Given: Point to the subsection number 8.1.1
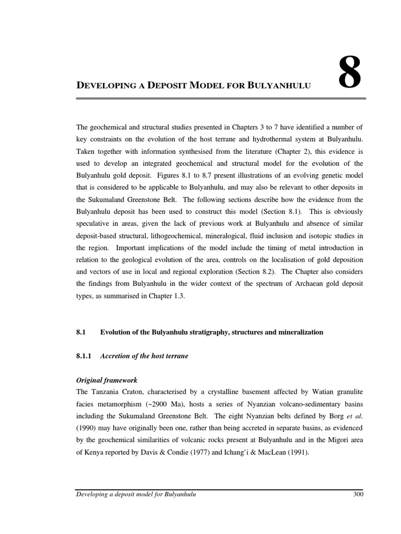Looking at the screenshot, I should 84,356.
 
